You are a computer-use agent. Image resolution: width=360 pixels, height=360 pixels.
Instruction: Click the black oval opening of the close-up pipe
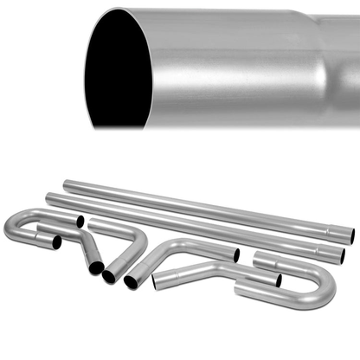116,69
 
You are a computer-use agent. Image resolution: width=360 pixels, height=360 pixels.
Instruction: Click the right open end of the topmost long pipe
350,234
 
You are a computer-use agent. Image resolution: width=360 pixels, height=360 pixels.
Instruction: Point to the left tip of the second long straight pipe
49,198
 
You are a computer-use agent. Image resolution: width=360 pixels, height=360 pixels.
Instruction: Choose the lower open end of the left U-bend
56,244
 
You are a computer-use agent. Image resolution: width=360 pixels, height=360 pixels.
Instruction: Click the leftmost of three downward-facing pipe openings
96,267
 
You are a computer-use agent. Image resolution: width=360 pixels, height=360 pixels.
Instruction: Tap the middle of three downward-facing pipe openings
110,276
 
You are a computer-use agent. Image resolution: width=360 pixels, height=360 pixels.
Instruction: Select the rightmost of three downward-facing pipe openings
131,282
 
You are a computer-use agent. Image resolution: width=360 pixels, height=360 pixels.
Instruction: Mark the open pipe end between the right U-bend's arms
278,280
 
